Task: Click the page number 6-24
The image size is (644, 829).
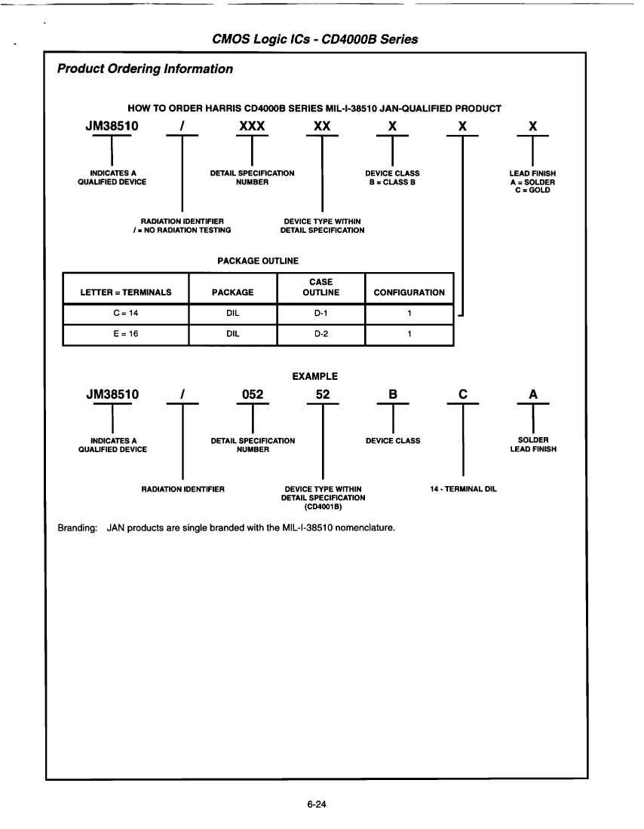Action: (x=316, y=805)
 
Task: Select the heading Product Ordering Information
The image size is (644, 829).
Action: (x=145, y=69)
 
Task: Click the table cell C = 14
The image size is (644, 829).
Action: (x=125, y=314)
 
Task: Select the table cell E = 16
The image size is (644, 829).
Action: (x=125, y=335)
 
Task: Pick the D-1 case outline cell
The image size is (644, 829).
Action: (x=321, y=314)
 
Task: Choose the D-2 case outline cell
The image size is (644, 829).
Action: (x=321, y=335)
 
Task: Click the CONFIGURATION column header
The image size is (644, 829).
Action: (x=409, y=292)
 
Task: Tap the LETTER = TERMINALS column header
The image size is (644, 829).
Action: (x=126, y=292)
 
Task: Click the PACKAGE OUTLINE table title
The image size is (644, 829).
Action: (x=258, y=261)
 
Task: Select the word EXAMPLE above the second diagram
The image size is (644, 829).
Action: (x=314, y=376)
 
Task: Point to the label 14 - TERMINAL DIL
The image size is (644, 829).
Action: (x=463, y=489)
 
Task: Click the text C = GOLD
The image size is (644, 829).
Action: (x=532, y=190)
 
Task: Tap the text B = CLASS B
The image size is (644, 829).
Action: (x=392, y=182)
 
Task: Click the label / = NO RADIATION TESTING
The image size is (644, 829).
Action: (x=182, y=230)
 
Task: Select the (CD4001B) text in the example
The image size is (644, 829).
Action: (x=323, y=506)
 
